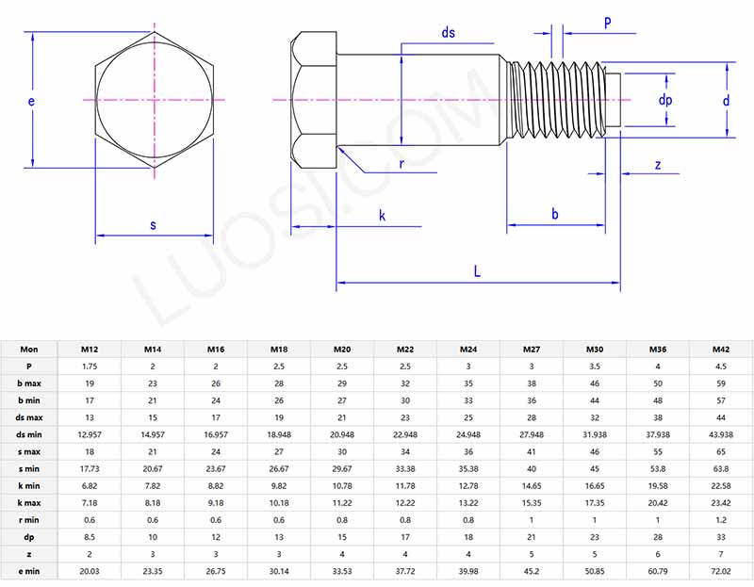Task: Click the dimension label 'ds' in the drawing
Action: coord(449,33)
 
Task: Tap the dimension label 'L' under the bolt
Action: coord(478,271)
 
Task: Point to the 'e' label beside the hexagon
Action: coord(31,100)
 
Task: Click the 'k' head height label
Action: coord(382,216)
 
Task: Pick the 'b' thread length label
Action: coord(555,215)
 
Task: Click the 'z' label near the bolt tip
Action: coord(658,165)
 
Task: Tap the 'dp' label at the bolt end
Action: coord(664,100)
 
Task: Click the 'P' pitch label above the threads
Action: coord(607,21)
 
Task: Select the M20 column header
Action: coord(342,349)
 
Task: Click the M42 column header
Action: coord(721,349)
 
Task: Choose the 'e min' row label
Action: coord(29,571)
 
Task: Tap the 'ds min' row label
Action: coord(29,434)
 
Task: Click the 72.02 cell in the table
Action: coord(721,571)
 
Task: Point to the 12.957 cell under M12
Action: coord(90,434)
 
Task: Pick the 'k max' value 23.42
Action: coord(721,503)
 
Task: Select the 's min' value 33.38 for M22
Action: coord(405,468)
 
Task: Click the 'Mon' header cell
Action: coord(29,349)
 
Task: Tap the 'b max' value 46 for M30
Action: coord(595,383)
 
